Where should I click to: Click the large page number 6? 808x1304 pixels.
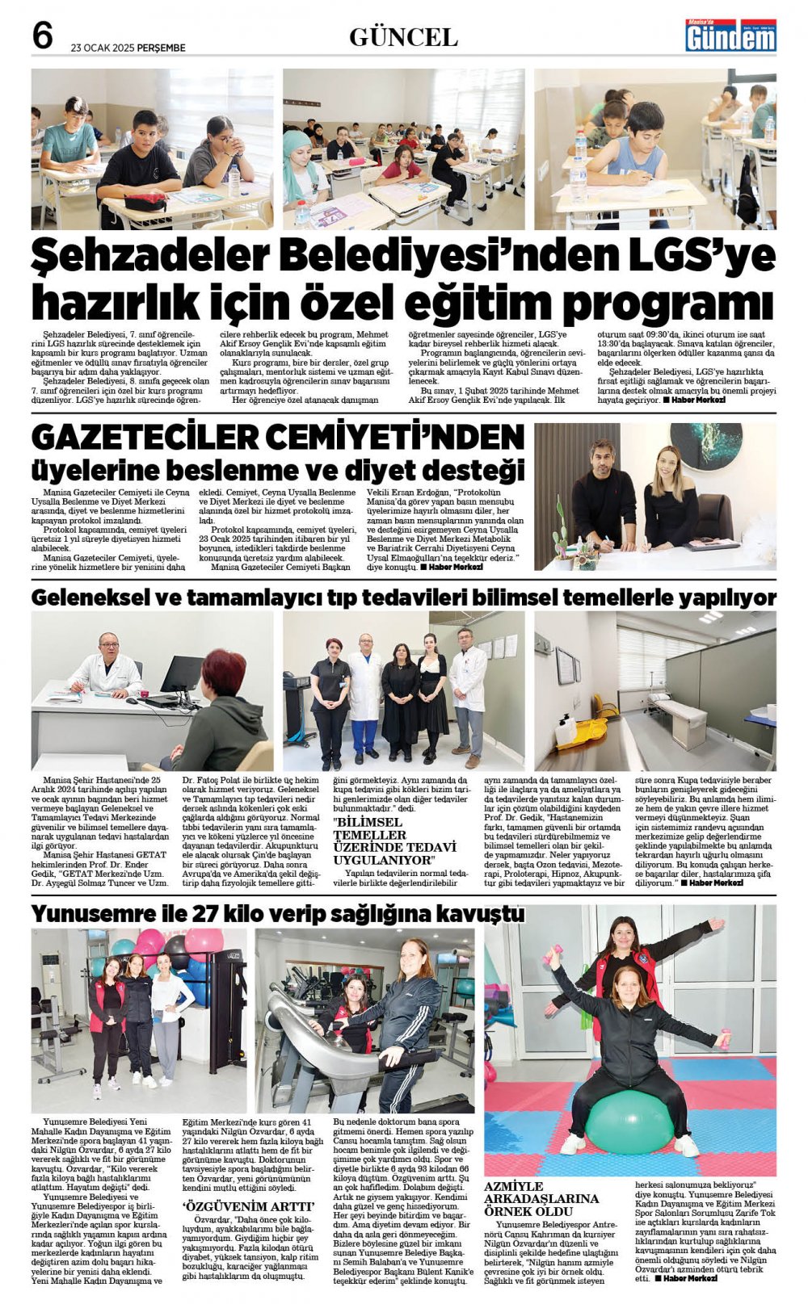[43, 36]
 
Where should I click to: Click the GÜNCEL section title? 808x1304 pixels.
[403, 37]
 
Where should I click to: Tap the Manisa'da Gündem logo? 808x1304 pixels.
[730, 36]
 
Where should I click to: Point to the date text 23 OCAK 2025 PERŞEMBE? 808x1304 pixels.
[128, 48]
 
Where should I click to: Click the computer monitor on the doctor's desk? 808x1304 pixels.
[181, 674]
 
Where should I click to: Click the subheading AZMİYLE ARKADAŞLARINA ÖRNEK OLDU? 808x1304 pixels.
[541, 1198]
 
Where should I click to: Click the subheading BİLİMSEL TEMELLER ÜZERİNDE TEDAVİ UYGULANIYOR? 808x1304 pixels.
[395, 841]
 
